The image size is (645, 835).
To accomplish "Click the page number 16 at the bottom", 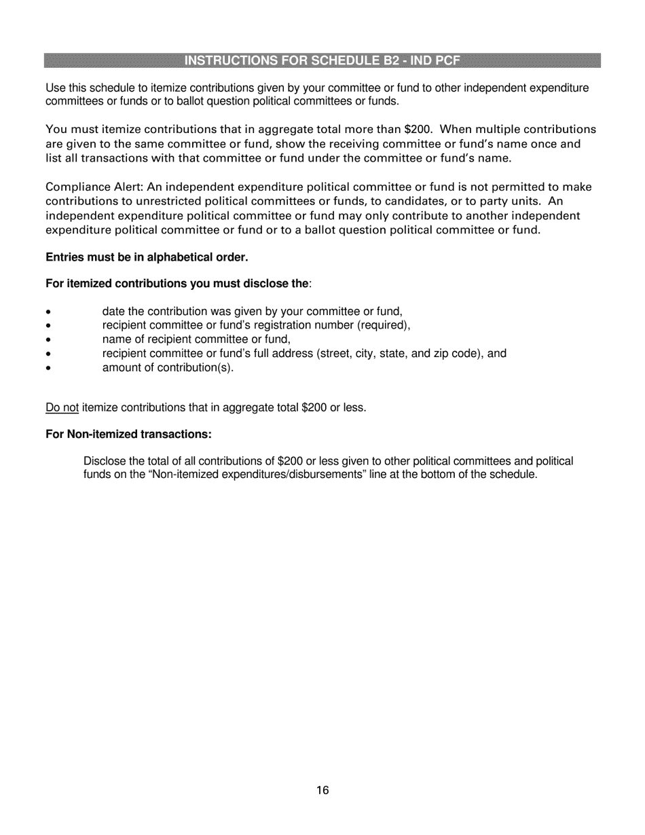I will pyautogui.click(x=322, y=790).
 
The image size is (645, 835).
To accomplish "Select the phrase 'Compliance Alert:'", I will pyautogui.click(x=94, y=187).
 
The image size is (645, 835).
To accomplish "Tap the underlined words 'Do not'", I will pyautogui.click(x=62, y=408).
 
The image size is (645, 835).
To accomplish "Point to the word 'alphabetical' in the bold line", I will pyautogui.click(x=178, y=258).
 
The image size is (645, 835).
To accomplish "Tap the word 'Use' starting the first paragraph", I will pyautogui.click(x=55, y=88).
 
